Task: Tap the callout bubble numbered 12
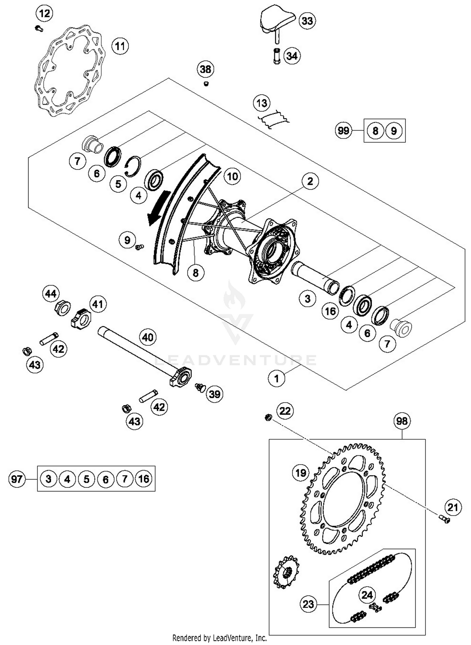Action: pyautogui.click(x=44, y=14)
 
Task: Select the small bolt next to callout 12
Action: pyautogui.click(x=39, y=28)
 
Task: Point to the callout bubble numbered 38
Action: pyautogui.click(x=205, y=69)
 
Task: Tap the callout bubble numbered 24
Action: pyautogui.click(x=367, y=595)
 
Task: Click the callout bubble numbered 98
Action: pyautogui.click(x=402, y=421)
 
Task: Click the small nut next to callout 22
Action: pyautogui.click(x=268, y=417)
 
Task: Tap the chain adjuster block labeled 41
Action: pyautogui.click(x=81, y=319)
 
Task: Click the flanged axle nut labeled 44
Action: pyautogui.click(x=62, y=308)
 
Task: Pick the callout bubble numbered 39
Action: pyautogui.click(x=215, y=394)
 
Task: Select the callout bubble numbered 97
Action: pyautogui.click(x=17, y=479)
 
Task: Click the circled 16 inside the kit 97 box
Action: pyautogui.click(x=144, y=479)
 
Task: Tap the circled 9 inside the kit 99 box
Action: pyautogui.click(x=394, y=131)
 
